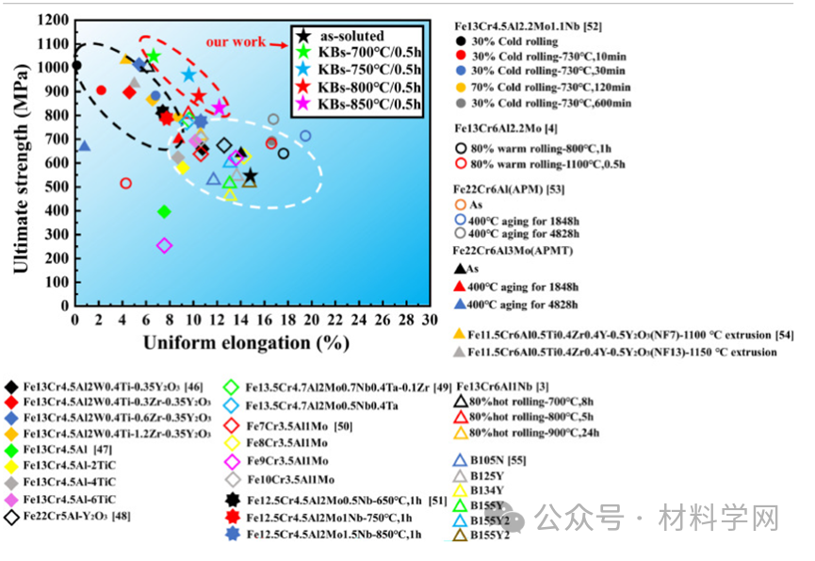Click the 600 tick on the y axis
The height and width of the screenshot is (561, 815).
pyautogui.click(x=57, y=162)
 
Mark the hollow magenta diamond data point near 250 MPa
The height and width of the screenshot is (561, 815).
pyautogui.click(x=165, y=245)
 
